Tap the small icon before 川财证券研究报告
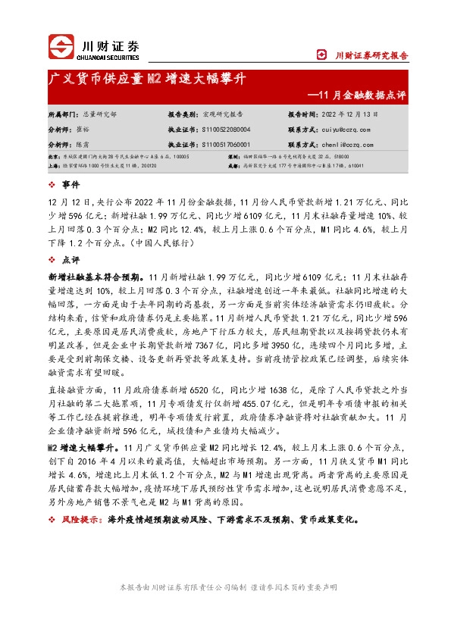point(341,55)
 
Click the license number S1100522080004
point(229,130)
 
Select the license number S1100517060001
point(229,143)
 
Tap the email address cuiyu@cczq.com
point(337,130)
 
